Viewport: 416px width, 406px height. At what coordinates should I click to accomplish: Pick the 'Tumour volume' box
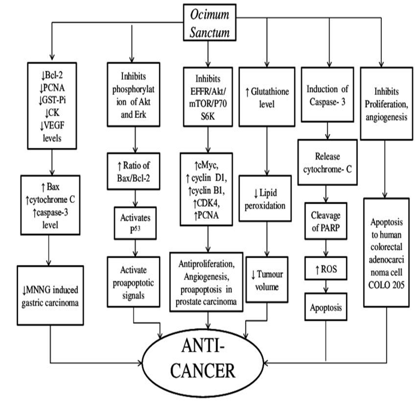click(267, 280)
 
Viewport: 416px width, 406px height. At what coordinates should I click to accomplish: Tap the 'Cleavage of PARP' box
click(326, 222)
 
